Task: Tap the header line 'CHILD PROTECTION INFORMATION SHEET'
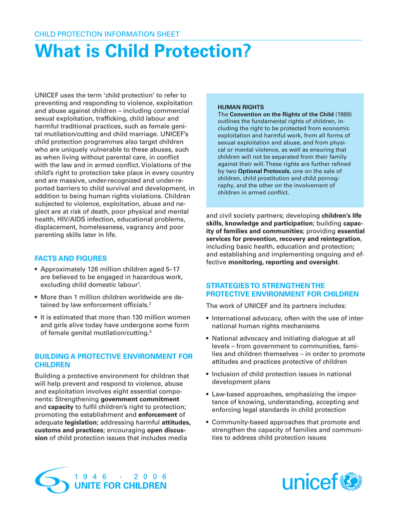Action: pos(107,34)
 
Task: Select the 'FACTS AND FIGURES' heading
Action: pos(70,258)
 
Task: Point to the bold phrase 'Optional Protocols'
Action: pos(264,171)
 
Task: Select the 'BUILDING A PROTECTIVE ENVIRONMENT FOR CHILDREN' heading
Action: pos(113,360)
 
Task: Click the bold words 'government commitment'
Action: pos(140,399)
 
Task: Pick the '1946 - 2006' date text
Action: pos(120,476)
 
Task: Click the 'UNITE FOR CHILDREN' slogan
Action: pos(120,486)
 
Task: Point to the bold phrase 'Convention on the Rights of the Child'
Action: pos(281,114)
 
